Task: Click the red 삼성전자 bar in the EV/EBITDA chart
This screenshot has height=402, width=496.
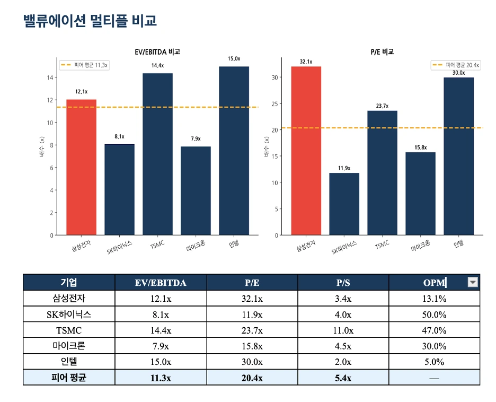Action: (x=81, y=167)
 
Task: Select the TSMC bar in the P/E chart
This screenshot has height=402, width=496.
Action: (x=382, y=173)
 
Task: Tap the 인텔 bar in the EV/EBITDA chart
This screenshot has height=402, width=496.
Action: (x=234, y=151)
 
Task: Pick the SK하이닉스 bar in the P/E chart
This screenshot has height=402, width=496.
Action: (x=344, y=204)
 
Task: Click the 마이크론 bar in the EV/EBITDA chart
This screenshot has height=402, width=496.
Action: (x=196, y=191)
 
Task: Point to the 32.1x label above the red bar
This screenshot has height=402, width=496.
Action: (x=306, y=62)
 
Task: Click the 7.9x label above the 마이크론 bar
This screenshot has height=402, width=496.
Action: (x=196, y=139)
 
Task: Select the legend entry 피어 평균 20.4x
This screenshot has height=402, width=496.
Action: (x=456, y=65)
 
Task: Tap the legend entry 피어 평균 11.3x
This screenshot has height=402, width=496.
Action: (x=84, y=65)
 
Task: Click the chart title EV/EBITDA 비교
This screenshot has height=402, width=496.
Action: (x=157, y=52)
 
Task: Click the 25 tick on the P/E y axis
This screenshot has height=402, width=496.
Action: (x=274, y=104)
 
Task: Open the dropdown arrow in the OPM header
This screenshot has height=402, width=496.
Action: (x=473, y=283)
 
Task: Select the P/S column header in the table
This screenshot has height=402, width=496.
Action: (x=343, y=283)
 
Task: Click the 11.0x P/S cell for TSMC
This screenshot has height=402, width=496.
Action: (x=343, y=330)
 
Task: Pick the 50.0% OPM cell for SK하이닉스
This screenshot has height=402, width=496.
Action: (x=434, y=314)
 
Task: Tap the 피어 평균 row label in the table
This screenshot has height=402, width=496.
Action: (x=69, y=378)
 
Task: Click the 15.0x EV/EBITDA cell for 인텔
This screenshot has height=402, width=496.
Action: (x=160, y=362)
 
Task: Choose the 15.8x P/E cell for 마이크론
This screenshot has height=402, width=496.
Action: (x=252, y=346)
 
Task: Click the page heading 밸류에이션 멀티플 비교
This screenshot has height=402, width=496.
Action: (x=90, y=21)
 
